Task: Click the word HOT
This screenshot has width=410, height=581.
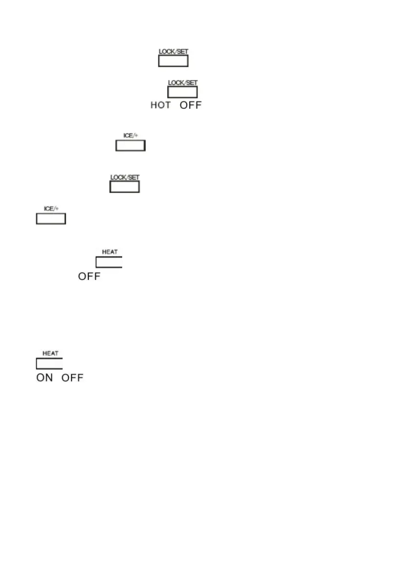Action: (x=160, y=105)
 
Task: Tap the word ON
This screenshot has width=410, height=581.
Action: (x=44, y=378)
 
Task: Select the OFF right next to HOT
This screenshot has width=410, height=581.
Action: (x=191, y=105)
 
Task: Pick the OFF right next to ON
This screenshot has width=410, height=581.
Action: (x=72, y=378)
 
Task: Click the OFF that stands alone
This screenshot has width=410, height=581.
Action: (x=89, y=277)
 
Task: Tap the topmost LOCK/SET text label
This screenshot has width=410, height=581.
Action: (x=173, y=51)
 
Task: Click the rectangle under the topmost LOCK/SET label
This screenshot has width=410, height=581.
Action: (x=173, y=61)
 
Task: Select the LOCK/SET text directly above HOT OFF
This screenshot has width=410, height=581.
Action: (x=183, y=83)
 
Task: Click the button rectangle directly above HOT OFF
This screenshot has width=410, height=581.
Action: (x=183, y=93)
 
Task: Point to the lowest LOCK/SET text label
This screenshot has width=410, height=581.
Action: (x=125, y=177)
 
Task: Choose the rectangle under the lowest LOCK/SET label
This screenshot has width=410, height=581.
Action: (x=125, y=187)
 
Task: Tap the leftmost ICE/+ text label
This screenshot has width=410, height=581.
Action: (x=51, y=209)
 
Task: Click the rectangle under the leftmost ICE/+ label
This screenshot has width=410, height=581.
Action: (x=51, y=219)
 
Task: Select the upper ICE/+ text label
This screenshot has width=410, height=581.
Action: (x=130, y=136)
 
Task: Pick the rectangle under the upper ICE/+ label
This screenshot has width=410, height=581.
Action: (x=130, y=146)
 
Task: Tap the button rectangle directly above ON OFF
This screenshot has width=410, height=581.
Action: (x=49, y=364)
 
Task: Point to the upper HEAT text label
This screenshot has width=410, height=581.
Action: (x=109, y=252)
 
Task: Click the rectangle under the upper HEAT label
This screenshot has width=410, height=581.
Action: (x=109, y=262)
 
